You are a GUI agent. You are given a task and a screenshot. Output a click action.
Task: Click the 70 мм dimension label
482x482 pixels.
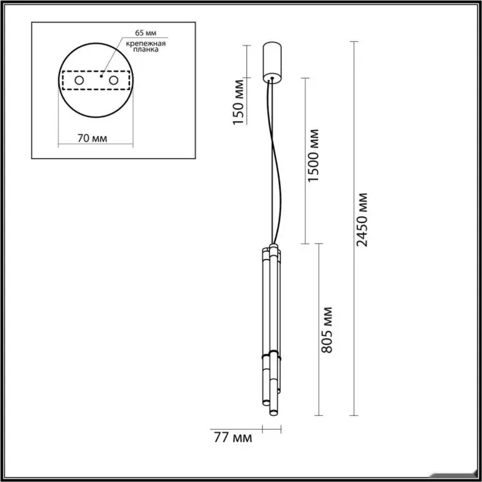pyautogui.click(x=92, y=138)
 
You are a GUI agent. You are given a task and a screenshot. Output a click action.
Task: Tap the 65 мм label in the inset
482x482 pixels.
pyautogui.click(x=146, y=32)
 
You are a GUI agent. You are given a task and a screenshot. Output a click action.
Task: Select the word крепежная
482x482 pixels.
pyautogui.click(x=146, y=43)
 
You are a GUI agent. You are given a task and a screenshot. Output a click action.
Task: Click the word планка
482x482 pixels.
pyautogui.click(x=146, y=49)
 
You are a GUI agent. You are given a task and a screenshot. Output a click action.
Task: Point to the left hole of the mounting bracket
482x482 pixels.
pyautogui.click(x=79, y=81)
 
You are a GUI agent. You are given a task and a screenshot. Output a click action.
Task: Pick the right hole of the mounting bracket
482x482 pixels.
pyautogui.click(x=114, y=81)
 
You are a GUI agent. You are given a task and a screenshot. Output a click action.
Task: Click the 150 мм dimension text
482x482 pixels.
pyautogui.click(x=238, y=102)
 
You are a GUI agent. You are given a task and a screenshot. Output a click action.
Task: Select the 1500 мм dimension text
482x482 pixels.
pyautogui.click(x=313, y=156)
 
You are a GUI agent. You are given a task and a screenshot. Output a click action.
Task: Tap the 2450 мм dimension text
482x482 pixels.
pyautogui.click(x=361, y=220)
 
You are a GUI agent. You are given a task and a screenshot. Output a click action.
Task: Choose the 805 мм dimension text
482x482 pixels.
pyautogui.click(x=326, y=330)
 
